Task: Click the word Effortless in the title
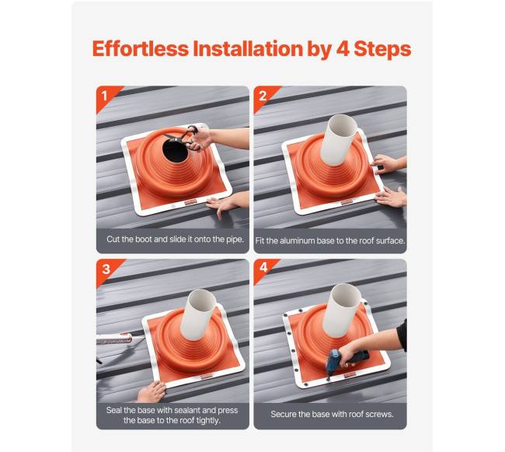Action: [x=141, y=49]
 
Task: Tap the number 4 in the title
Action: [x=343, y=49]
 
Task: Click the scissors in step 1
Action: [x=184, y=138]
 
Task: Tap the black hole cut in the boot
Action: [x=176, y=151]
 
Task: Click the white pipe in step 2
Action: [x=339, y=139]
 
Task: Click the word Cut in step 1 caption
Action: [x=113, y=239]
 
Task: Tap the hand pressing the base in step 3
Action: [x=151, y=392]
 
